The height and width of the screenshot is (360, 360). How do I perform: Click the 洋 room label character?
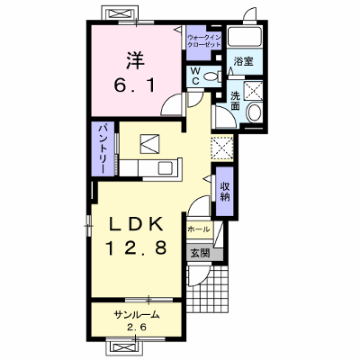point(135,60)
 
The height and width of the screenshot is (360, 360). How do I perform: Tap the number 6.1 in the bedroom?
point(135,85)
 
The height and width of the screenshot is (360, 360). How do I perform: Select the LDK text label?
point(136,224)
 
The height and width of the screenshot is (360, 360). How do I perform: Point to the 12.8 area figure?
point(136,247)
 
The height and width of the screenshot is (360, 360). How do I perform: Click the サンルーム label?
point(136,315)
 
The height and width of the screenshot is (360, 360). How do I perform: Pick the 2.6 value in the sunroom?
point(136,327)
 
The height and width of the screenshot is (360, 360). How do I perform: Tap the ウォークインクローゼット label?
point(204,41)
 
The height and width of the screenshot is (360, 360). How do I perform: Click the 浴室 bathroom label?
point(244,61)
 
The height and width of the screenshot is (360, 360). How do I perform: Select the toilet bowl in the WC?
point(211,77)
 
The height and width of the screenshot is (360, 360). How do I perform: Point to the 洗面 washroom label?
point(236,101)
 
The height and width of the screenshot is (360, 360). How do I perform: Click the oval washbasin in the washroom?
point(255,112)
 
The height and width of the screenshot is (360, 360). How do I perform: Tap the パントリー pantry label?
point(103,149)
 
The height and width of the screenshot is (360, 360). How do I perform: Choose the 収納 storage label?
point(225,191)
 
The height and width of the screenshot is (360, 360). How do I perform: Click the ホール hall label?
point(198,229)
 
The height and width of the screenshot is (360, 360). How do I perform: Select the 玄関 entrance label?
point(200,254)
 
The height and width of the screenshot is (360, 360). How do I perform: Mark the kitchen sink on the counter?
point(166,167)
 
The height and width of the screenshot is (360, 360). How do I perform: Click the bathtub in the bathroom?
point(244,37)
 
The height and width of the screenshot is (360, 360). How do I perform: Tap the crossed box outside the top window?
point(120,13)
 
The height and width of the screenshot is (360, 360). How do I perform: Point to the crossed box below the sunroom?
point(123,347)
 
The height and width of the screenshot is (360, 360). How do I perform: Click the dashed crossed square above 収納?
point(222,148)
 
